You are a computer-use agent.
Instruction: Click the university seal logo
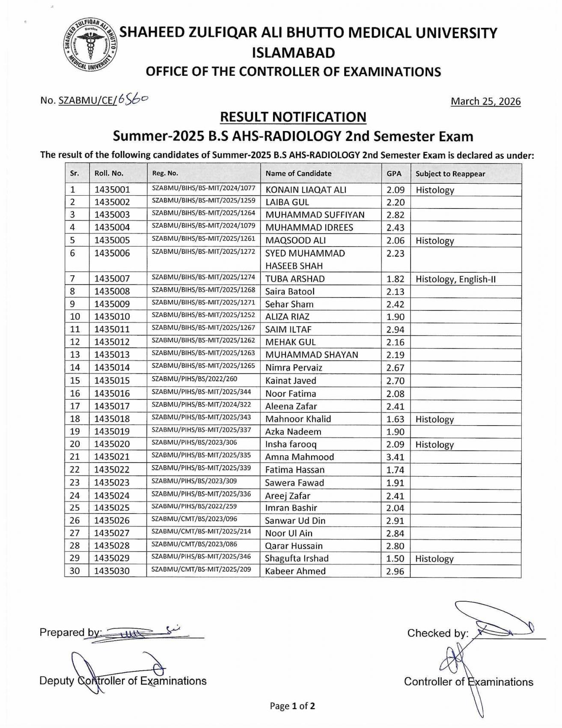[89, 45]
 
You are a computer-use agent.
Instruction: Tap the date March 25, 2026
[486, 101]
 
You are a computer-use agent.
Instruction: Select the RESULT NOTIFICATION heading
[293, 117]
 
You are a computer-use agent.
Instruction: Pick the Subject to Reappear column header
[450, 174]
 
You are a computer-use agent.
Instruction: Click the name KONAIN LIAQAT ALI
[306, 190]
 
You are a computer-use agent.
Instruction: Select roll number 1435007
[112, 279]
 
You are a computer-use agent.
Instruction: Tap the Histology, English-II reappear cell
[455, 280]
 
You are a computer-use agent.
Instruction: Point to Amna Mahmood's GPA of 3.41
[395, 457]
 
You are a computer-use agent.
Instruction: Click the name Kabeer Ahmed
[295, 571]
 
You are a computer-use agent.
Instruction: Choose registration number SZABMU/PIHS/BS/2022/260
[194, 379]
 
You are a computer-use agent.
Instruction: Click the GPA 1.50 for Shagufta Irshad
[395, 559]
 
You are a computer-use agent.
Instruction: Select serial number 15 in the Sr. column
[75, 381]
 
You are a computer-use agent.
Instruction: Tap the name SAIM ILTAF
[288, 330]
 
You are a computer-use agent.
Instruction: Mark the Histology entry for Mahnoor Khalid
[434, 420]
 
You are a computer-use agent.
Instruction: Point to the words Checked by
[437, 633]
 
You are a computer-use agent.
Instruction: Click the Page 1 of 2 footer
[292, 706]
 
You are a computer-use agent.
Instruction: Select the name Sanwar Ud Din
[295, 521]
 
